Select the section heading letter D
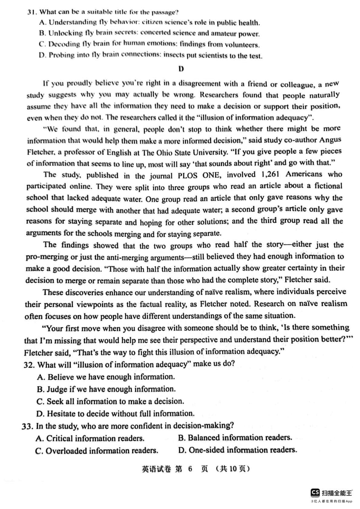tap(181, 69)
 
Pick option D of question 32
tap(116, 413)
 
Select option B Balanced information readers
tap(234, 438)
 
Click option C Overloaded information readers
tap(96, 450)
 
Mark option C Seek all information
tap(110, 401)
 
